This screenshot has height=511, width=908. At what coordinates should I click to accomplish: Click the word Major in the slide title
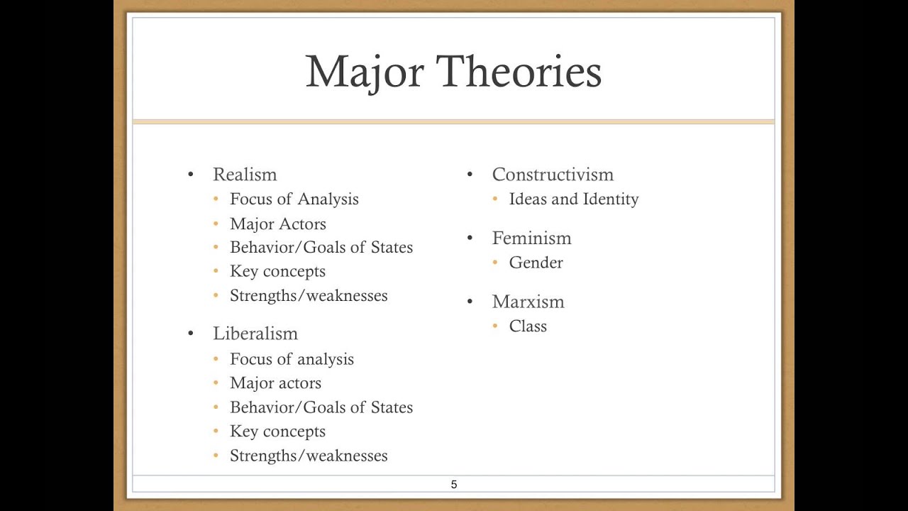point(364,72)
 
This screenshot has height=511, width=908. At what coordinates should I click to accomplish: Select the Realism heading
point(245,175)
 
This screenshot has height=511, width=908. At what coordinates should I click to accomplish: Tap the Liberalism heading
point(255,334)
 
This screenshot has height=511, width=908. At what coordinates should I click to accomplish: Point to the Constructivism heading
point(553,175)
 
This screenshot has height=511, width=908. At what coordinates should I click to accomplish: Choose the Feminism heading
point(531,238)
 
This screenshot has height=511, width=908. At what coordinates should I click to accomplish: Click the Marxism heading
point(528,302)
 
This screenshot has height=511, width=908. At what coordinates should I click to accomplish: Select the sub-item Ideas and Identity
point(574,199)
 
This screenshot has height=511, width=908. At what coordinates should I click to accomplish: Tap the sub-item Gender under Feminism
point(536,263)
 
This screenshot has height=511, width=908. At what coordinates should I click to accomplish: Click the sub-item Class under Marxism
point(528,326)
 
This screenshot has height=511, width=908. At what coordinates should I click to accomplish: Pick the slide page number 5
point(454,485)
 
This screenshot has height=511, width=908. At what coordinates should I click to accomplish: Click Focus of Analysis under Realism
point(294,199)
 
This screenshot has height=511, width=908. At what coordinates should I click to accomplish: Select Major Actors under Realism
point(278,224)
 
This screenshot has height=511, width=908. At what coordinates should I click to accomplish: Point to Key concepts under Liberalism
point(277,432)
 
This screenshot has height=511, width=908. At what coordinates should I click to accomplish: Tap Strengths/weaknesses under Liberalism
point(309,456)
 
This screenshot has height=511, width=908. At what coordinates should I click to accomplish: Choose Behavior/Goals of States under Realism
point(321,248)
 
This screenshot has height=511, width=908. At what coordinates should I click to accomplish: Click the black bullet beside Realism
point(190,175)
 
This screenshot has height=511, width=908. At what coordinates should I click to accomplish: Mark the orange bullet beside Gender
point(495,263)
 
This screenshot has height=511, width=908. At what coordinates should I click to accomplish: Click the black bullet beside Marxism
point(470,302)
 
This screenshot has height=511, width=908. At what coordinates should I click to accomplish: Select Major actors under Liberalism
point(275,383)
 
